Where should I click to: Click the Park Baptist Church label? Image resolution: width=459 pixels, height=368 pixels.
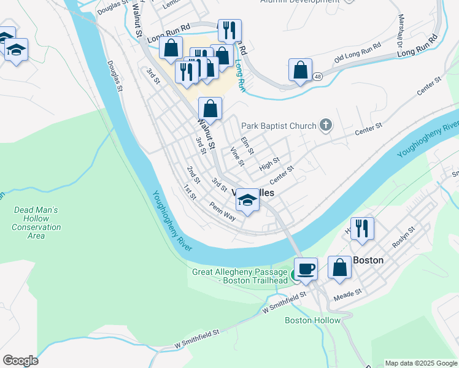(x=278, y=126)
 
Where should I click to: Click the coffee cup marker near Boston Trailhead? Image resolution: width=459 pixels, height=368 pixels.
(x=306, y=269)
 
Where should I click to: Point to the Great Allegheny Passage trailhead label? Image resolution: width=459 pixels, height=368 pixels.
(x=239, y=276)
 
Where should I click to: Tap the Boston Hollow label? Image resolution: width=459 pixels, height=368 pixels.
(x=312, y=320)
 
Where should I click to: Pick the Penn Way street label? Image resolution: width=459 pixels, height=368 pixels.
(x=222, y=212)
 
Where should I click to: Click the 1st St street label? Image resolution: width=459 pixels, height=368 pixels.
(x=190, y=193)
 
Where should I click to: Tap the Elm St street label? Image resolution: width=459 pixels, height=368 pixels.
(x=247, y=146)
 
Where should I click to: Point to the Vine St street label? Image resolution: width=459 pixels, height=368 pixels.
(x=237, y=156)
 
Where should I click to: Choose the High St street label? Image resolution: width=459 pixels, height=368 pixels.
(x=269, y=164)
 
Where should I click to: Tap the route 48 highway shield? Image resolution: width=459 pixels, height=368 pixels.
(x=317, y=77)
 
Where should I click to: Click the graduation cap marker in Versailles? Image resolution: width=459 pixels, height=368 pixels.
(x=247, y=201)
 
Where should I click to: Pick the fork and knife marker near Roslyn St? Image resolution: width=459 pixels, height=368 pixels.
(x=362, y=229)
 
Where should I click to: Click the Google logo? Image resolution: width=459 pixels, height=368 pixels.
(x=20, y=361)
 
